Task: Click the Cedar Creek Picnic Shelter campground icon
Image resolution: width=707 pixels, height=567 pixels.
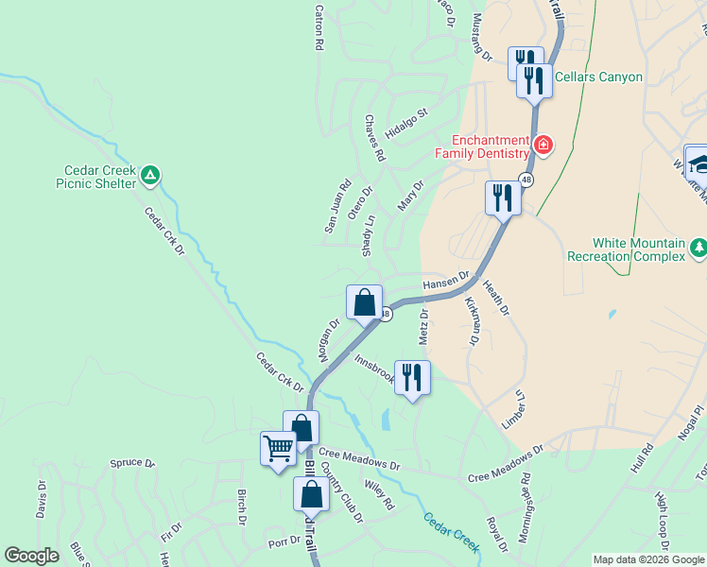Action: click(151, 175)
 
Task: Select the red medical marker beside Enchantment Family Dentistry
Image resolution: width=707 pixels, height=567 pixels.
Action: click(543, 146)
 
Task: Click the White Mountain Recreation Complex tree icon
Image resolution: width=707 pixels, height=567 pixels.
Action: click(698, 249)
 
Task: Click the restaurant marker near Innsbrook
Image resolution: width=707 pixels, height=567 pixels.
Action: click(411, 377)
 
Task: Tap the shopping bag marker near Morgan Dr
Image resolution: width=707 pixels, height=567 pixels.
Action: click(364, 302)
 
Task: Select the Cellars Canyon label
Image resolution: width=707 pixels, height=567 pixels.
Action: click(598, 77)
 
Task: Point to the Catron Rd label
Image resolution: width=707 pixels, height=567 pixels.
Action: click(319, 28)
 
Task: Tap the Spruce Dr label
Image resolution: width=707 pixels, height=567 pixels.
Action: click(131, 463)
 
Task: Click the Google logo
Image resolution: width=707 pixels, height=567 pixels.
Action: click(32, 556)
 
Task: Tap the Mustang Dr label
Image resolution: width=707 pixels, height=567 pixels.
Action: click(482, 38)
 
